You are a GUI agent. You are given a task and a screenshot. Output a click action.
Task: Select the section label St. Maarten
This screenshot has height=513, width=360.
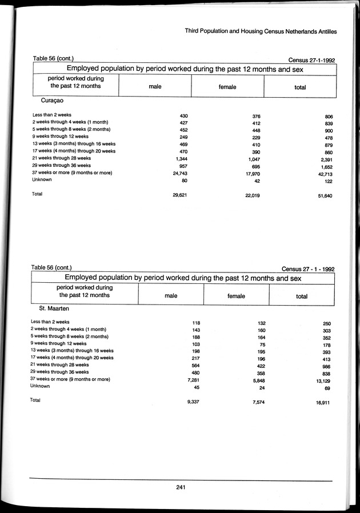(x=53, y=308)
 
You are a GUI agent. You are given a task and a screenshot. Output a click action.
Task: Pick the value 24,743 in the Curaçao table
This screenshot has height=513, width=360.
(x=180, y=173)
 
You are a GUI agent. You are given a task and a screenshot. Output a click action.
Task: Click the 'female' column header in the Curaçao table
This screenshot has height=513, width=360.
(x=227, y=87)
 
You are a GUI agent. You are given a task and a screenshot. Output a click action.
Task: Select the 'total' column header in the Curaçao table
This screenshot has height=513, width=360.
(x=299, y=87)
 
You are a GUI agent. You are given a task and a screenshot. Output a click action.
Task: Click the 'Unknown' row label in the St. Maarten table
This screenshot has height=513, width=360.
(x=40, y=386)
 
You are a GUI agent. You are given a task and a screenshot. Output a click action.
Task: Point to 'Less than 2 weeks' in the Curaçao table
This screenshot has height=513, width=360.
(x=52, y=115)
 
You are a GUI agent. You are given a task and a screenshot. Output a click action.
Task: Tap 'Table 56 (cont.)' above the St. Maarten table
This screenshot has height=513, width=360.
(x=51, y=267)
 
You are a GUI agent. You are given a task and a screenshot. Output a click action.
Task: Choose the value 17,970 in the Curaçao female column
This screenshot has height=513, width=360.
(x=252, y=173)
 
